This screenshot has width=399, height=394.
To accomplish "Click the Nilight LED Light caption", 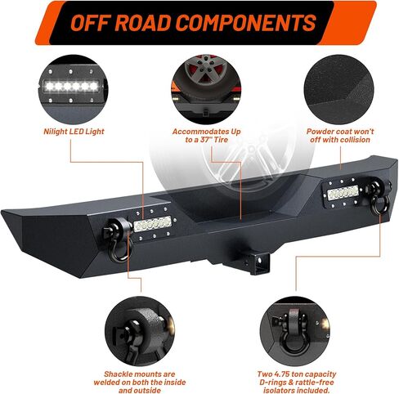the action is [74, 132].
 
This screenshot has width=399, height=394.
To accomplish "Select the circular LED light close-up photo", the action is [73, 89].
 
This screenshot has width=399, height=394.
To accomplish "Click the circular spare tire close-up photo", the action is [206, 89].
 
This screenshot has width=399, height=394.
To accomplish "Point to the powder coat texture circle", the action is [339, 89].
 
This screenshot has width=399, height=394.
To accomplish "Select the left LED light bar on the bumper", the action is [152, 223].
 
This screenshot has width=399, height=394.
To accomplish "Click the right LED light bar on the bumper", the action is [343, 193].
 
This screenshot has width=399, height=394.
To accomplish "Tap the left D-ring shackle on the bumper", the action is [118, 240].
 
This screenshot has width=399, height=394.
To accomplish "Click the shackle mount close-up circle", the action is [140, 331].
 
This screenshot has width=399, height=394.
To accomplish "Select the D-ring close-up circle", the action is [295, 331].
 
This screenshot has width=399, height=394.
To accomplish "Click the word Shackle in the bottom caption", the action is [119, 374].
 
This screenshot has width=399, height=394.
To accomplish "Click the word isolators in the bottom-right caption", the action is [280, 390].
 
